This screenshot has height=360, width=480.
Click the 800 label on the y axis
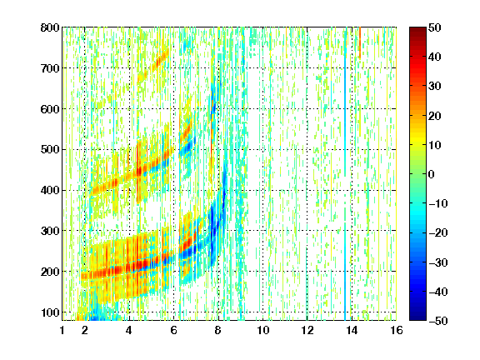click(x=50, y=27)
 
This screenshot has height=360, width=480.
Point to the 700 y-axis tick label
click(x=50, y=68)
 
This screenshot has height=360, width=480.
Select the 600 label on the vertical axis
click(x=50, y=109)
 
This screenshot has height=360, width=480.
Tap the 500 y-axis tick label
click(x=50, y=150)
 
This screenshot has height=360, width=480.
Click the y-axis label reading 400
click(x=50, y=190)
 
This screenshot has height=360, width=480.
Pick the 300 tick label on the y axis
click(x=50, y=231)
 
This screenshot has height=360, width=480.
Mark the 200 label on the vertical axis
click(x=50, y=272)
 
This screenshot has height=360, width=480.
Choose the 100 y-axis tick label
click(x=50, y=312)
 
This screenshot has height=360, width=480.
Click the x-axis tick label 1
click(x=62, y=330)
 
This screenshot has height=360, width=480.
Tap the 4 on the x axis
click(x=129, y=330)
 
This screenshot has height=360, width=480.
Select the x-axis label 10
click(x=262, y=330)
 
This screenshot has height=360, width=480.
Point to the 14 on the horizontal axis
click(x=352, y=330)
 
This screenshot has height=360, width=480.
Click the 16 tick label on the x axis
click(x=397, y=330)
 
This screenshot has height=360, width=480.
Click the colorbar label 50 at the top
click(x=435, y=27)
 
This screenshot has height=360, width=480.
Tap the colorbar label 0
click(x=432, y=174)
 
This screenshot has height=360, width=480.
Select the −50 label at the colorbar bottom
click(x=438, y=321)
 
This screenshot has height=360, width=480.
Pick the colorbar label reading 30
click(x=435, y=87)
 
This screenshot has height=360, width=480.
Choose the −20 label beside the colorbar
click(x=438, y=233)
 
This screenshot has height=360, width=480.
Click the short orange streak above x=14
click(x=360, y=42)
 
